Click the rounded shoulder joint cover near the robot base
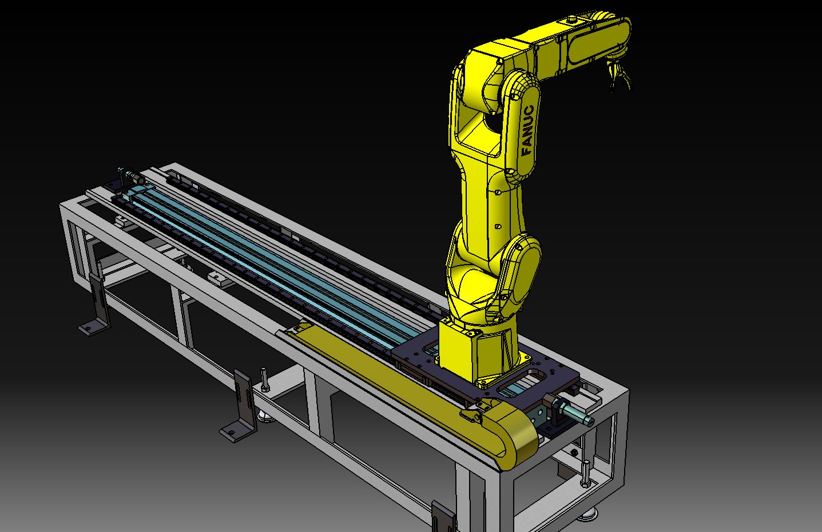pos(522,263)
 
